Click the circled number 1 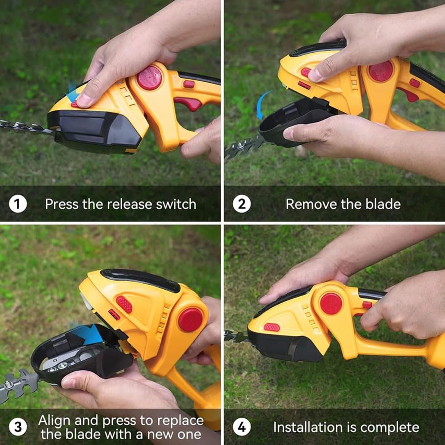(x=18, y=204)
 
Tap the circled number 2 (x=242, y=204)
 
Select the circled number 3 (x=18, y=427)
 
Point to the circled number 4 (x=242, y=427)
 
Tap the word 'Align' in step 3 (x=55, y=421)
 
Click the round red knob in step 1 (x=149, y=78)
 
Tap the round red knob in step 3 (x=191, y=320)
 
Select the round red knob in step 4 (x=331, y=303)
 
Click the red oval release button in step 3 (x=125, y=304)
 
